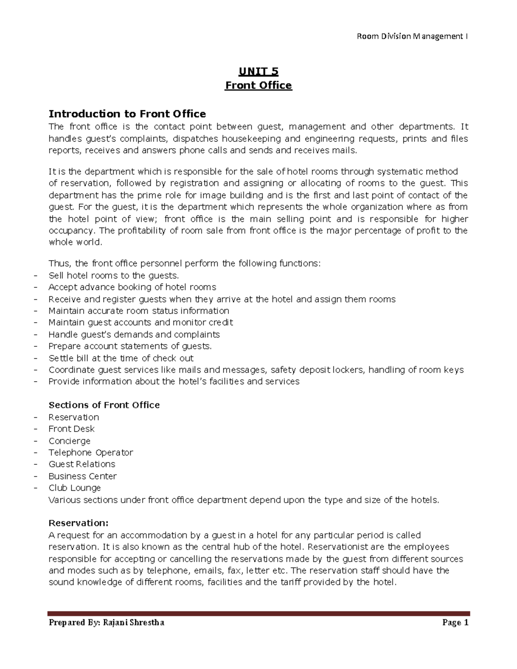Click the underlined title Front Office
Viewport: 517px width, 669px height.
point(258,85)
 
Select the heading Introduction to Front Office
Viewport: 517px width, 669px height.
point(127,114)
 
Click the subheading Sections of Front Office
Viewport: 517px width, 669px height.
point(104,405)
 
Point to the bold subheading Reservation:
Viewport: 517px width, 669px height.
point(78,523)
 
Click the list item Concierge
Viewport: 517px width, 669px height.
point(69,441)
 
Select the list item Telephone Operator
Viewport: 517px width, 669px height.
point(90,452)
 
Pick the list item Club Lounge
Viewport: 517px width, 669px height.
point(75,488)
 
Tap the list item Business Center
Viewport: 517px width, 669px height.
point(82,476)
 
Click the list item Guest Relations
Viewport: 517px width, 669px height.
point(82,464)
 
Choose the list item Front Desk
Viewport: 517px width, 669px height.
point(72,429)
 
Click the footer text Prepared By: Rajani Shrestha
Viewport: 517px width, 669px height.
point(106,622)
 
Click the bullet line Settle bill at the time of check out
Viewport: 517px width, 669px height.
point(121,358)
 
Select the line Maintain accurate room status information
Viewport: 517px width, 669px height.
point(139,311)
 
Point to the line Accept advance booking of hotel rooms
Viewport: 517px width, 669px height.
point(132,287)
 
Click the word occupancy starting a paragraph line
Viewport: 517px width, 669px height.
point(72,230)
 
